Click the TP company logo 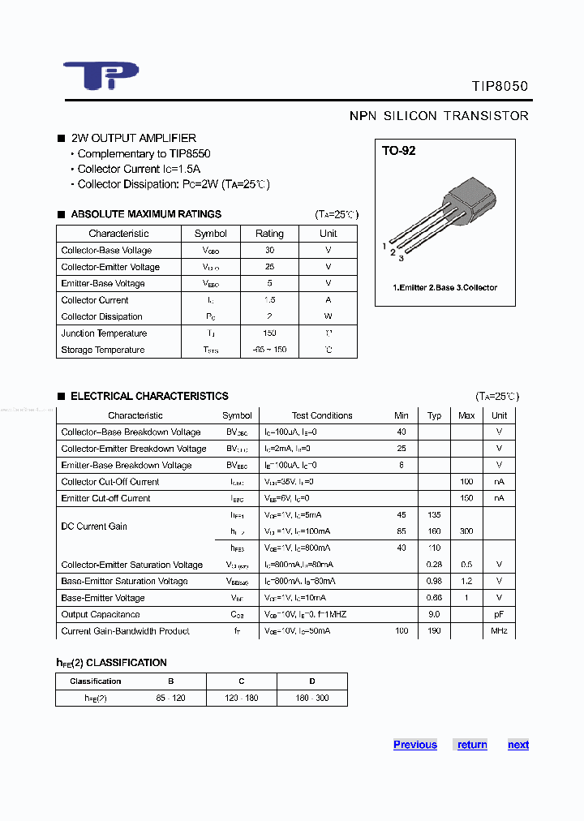(101, 75)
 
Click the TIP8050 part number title (500, 86)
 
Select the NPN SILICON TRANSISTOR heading (439, 116)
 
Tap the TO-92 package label (399, 151)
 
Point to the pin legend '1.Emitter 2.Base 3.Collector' (444, 287)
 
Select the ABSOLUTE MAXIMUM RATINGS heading (146, 214)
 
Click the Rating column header (269, 234)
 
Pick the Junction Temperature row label (104, 333)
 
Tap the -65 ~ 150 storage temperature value (269, 350)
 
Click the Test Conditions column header (322, 415)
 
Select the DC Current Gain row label (94, 527)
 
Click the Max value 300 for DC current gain (466, 531)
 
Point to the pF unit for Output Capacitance (499, 614)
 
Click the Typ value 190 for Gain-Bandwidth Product (434, 630)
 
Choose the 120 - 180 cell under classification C (242, 698)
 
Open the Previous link (414, 745)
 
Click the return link (472, 745)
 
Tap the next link (517, 745)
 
